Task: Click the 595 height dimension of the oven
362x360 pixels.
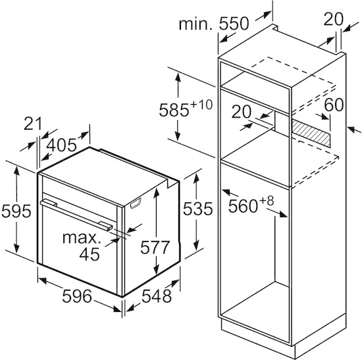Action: pos(16,211)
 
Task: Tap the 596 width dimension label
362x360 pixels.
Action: pos(77,296)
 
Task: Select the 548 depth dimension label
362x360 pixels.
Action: pos(157,296)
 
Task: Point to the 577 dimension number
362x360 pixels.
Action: pos(155,247)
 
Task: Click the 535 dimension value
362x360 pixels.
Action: pos(198,209)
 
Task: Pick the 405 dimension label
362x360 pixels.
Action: pos(61,145)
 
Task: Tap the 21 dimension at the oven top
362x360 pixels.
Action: pos(33,124)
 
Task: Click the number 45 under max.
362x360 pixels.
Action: pos(90,254)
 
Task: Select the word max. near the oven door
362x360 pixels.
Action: pos(82,238)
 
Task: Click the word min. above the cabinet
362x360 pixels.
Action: pos(195,24)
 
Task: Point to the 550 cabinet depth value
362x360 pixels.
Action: pos(234,23)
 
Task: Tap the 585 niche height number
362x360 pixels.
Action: pos(174,110)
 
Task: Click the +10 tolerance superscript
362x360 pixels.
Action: pos(201,105)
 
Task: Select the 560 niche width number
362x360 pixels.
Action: pos(243,206)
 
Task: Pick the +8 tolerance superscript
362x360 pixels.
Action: pos(267,201)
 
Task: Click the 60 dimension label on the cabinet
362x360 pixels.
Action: pos(334,105)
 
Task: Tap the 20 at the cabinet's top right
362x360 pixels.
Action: pos(334,19)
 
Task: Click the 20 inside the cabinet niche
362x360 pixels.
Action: pos(242,112)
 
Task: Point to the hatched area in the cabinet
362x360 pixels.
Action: pos(311,133)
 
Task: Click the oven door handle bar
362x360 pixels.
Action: pos(76,215)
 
